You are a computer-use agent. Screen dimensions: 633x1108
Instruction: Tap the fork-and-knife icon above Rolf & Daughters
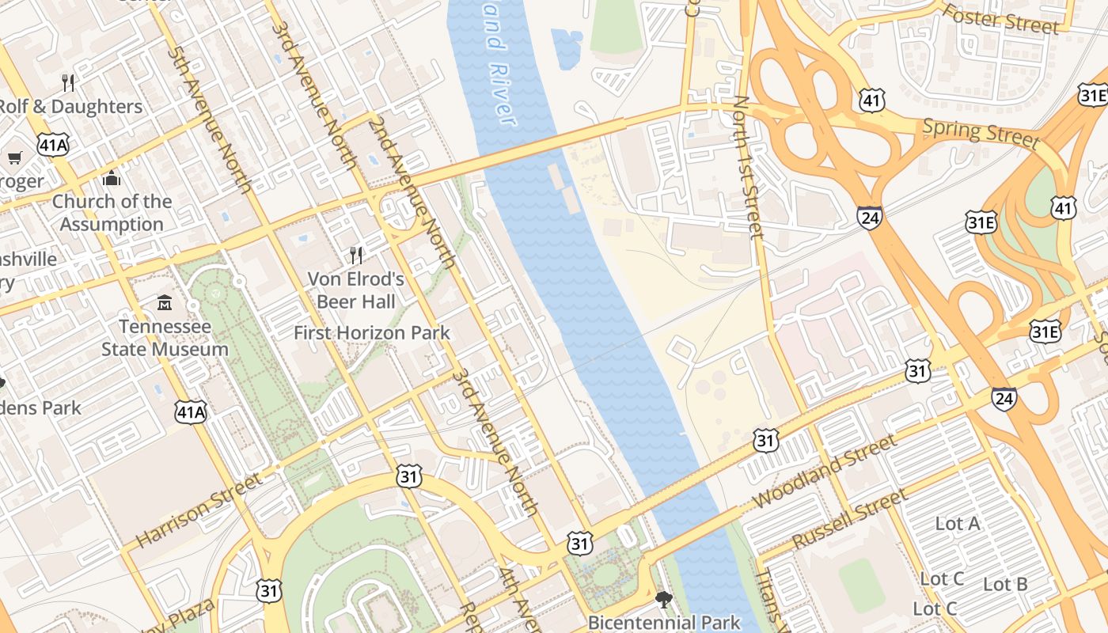point(68,82)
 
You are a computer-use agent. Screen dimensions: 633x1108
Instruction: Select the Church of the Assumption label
point(112,213)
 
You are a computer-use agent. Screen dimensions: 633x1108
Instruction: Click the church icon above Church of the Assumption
point(112,178)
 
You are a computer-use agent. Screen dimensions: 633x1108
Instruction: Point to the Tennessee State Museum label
point(165,338)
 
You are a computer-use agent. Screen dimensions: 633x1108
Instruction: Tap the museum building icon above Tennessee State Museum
point(165,303)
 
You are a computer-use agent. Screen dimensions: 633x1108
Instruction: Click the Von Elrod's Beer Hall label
point(356,290)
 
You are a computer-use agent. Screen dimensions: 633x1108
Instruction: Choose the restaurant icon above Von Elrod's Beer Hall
point(356,255)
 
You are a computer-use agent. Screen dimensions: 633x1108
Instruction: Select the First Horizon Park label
point(372,333)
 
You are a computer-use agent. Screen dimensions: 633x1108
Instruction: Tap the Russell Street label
point(848,520)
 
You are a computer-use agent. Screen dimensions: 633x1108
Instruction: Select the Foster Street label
point(1001,19)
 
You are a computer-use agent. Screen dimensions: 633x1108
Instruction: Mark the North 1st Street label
point(748,166)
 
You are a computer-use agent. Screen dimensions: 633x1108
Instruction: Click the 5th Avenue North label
point(210,119)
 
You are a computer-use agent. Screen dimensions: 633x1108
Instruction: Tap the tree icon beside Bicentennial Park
point(664,600)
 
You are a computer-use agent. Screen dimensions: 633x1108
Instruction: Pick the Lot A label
point(958,523)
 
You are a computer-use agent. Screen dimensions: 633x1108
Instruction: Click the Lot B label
point(1005,585)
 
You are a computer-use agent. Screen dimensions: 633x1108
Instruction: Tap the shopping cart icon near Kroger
point(14,157)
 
